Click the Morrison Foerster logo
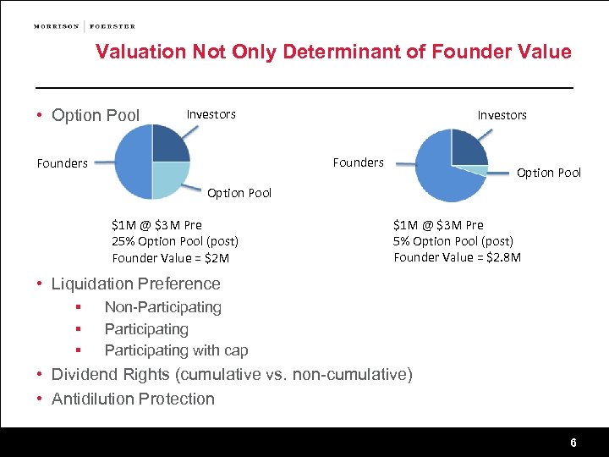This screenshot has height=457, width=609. [84, 26]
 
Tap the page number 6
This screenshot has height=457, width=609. [573, 443]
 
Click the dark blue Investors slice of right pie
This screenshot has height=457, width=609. [467, 149]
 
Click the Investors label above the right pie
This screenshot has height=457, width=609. [502, 115]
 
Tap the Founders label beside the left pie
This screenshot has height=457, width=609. [63, 163]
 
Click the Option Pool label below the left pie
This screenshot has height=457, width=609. [239, 193]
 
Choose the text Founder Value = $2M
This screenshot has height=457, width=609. [170, 258]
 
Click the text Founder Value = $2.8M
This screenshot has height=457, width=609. [457, 257]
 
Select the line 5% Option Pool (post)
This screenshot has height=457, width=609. [453, 241]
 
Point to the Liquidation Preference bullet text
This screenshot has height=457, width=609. [135, 284]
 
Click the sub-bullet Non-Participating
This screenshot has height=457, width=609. [162, 307]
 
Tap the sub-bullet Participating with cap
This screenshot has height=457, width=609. [176, 350]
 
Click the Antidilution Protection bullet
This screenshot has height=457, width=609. [133, 399]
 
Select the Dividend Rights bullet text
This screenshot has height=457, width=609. [232, 374]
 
